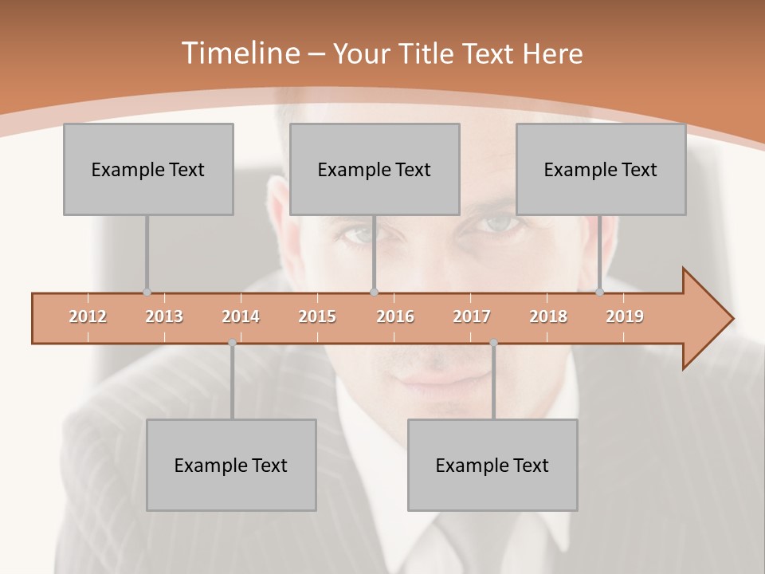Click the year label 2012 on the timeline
[x=88, y=316]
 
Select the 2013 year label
[x=164, y=316]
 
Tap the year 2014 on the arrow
[x=241, y=316]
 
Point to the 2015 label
[x=317, y=316]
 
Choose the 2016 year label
[x=395, y=316]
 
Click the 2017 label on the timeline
[x=472, y=316]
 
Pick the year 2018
[x=548, y=316]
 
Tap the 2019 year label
[x=625, y=316]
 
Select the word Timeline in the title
[x=240, y=53]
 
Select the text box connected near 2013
[x=148, y=169]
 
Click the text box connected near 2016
[x=375, y=169]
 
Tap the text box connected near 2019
[x=601, y=169]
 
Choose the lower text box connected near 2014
[x=231, y=465]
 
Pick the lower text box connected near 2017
[x=492, y=465]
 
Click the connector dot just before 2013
[x=147, y=293]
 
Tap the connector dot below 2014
[x=232, y=343]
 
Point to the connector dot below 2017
[x=493, y=343]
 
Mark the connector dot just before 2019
[x=600, y=293]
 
